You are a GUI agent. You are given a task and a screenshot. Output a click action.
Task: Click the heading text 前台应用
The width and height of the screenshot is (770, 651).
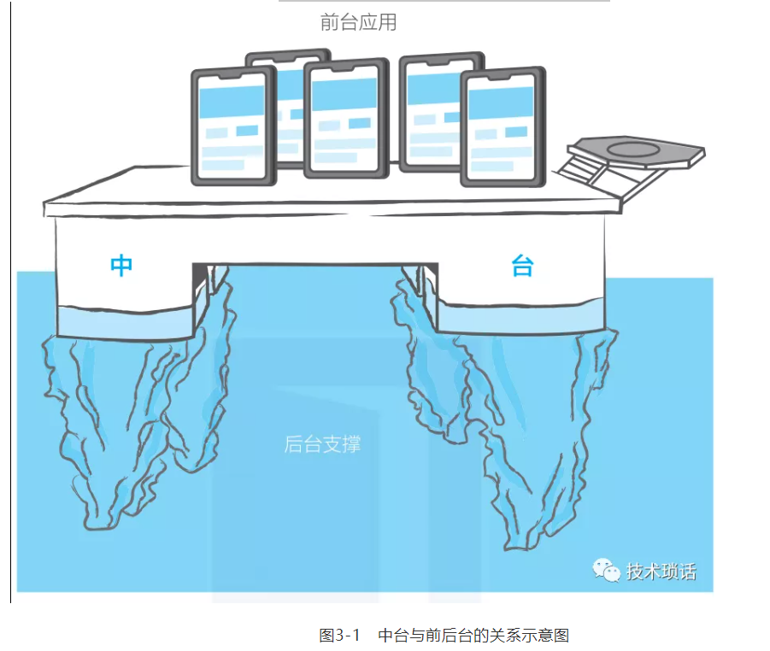(x=358, y=22)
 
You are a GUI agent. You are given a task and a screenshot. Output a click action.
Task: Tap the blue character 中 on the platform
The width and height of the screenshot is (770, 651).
(x=121, y=266)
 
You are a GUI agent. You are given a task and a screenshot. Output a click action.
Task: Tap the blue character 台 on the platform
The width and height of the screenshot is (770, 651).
(x=521, y=266)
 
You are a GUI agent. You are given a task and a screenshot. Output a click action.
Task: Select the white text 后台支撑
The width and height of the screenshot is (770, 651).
(x=322, y=444)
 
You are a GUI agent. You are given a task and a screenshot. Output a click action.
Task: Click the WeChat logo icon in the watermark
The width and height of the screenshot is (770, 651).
(x=607, y=570)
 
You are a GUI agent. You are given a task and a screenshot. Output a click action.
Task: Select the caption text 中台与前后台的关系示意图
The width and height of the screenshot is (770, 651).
(x=473, y=636)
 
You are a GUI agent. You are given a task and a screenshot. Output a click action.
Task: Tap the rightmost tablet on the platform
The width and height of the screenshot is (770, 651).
(x=503, y=128)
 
